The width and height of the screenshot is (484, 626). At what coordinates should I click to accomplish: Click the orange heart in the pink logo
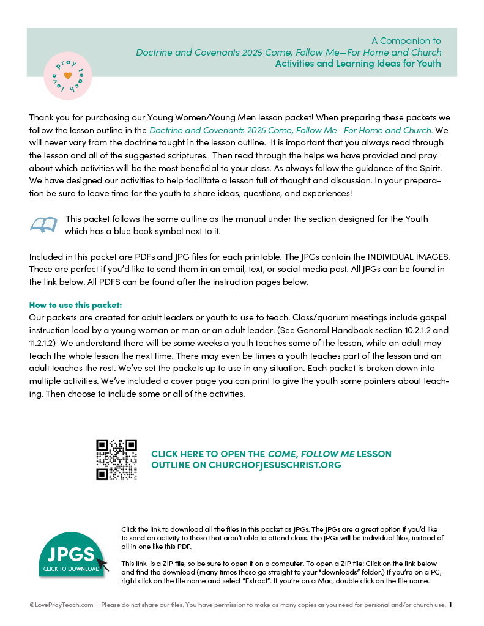pyautogui.click(x=68, y=75)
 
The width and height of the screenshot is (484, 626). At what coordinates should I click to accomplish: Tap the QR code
pyautogui.click(x=116, y=460)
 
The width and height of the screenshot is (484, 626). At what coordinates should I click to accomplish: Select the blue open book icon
pyautogui.click(x=43, y=225)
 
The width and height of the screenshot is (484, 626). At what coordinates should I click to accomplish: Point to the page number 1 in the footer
pyautogui.click(x=451, y=605)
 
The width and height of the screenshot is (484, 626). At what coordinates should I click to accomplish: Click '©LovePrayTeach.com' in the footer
pyautogui.click(x=61, y=605)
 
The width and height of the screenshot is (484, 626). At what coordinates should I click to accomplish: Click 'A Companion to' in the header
pyautogui.click(x=406, y=41)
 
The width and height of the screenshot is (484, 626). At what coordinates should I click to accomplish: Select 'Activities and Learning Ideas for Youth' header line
pyautogui.click(x=357, y=63)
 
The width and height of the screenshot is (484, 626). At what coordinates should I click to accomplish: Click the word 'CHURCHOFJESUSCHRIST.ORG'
pyautogui.click(x=275, y=465)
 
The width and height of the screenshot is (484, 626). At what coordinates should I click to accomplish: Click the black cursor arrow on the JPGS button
pyautogui.click(x=102, y=564)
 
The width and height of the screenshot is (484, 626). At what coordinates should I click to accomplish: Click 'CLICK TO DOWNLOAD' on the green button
pyautogui.click(x=71, y=569)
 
